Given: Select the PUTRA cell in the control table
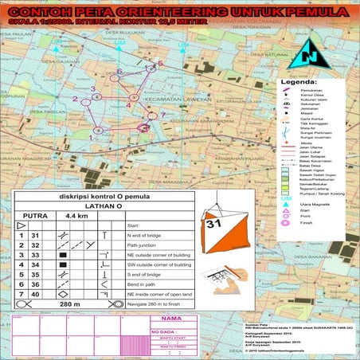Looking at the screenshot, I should click(x=35, y=216).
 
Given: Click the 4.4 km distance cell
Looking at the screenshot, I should click(x=76, y=216).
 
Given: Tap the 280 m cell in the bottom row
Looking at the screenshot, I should click(x=71, y=304).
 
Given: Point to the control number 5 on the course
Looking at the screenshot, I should click(x=160, y=62).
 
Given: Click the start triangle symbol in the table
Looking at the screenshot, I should click(x=22, y=226).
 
